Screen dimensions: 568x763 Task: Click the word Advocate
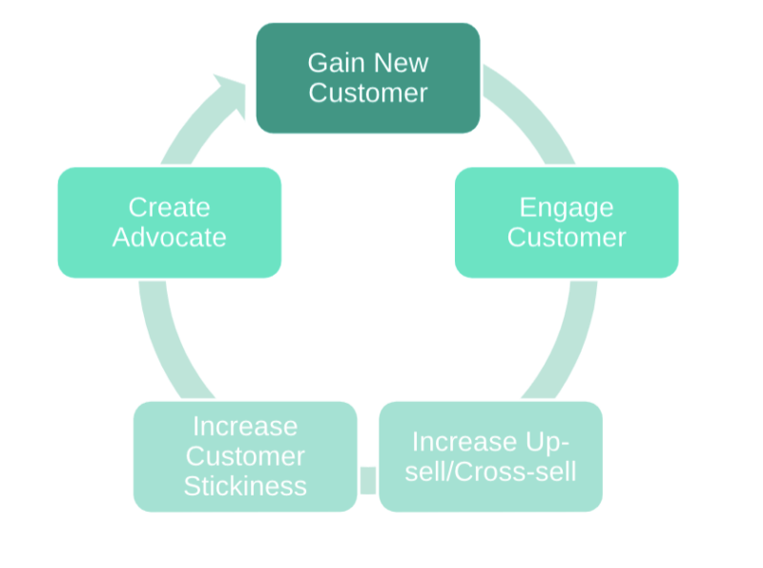pyautogui.click(x=169, y=237)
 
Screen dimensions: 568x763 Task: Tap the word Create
pyautogui.click(x=169, y=207)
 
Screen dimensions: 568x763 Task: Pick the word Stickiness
pyautogui.click(x=245, y=485)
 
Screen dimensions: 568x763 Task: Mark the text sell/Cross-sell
pyautogui.click(x=490, y=472)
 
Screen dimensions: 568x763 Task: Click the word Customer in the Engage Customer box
pyautogui.click(x=566, y=237)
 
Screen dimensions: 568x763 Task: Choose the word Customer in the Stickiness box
pyautogui.click(x=245, y=455)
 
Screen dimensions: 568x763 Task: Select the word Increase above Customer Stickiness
pyautogui.click(x=245, y=426)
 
